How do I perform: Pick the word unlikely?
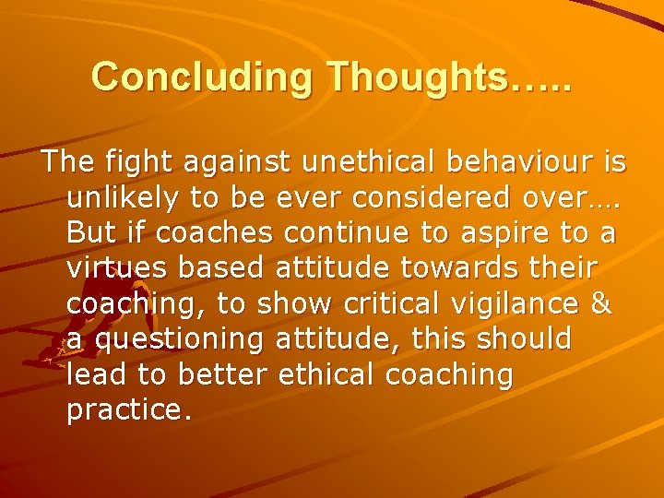click(117, 198)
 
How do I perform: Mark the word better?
click(220, 373)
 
